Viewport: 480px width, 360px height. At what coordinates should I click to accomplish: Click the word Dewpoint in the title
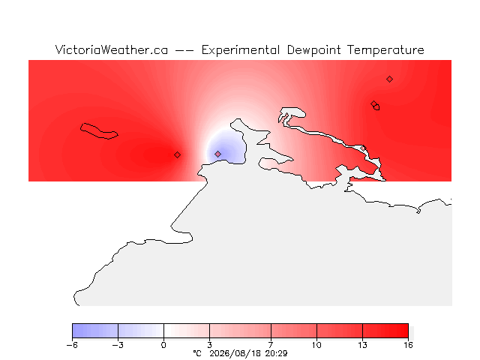pyautogui.click(x=313, y=50)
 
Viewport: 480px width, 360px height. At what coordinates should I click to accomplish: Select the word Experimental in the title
pyautogui.click(x=241, y=50)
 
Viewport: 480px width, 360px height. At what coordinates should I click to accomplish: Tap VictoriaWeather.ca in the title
pyautogui.click(x=112, y=50)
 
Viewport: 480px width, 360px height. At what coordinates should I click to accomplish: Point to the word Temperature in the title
pyautogui.click(x=385, y=50)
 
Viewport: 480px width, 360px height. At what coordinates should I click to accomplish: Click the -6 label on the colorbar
pyautogui.click(x=72, y=345)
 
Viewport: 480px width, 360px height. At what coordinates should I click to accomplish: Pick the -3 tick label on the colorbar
pyautogui.click(x=118, y=345)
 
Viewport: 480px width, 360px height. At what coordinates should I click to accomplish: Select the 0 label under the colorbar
pyautogui.click(x=163, y=345)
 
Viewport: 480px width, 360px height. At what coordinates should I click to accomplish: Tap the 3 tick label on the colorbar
pyautogui.click(x=210, y=345)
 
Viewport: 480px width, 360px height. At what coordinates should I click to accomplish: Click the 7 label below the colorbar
pyautogui.click(x=271, y=345)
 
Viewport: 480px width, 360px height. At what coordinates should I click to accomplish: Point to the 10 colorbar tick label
pyautogui.click(x=316, y=345)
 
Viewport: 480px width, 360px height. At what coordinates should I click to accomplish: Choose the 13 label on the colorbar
pyautogui.click(x=362, y=345)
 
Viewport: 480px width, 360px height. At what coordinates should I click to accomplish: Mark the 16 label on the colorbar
pyautogui.click(x=408, y=345)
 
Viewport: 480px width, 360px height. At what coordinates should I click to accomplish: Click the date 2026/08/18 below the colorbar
pyautogui.click(x=235, y=354)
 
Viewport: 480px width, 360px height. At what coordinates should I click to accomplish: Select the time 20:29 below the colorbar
pyautogui.click(x=276, y=354)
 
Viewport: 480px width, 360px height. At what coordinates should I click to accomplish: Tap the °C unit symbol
pyautogui.click(x=197, y=353)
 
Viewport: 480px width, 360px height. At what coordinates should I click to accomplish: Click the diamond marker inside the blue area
pyautogui.click(x=217, y=154)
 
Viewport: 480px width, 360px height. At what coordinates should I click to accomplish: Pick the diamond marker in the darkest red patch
pyautogui.click(x=177, y=155)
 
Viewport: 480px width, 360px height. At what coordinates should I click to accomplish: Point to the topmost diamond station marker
pyautogui.click(x=389, y=79)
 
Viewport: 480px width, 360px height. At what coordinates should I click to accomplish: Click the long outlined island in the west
pyautogui.click(x=98, y=131)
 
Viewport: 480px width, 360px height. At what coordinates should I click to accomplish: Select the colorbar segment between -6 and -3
pyautogui.click(x=95, y=331)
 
